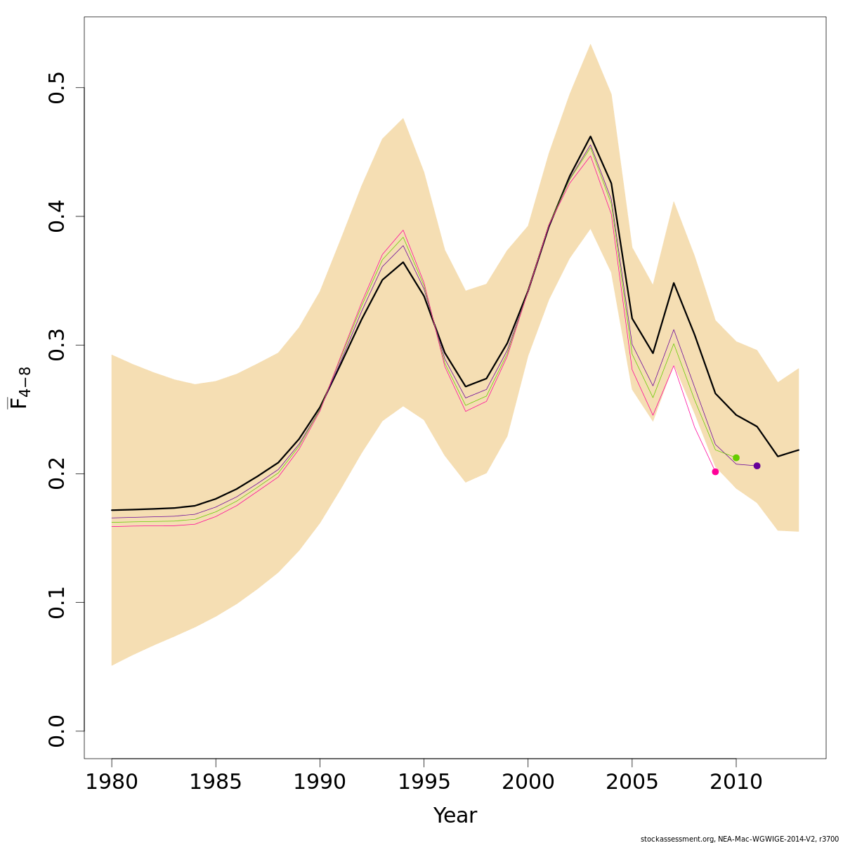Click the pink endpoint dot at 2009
point(715,471)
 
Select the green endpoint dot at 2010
point(736,457)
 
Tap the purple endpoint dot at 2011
point(757,466)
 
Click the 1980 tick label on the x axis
point(112,782)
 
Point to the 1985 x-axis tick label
point(216,782)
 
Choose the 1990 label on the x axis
point(320,782)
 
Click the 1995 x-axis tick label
point(424,782)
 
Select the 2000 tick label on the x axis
point(528,782)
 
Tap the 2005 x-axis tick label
point(632,782)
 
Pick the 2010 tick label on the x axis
point(736,782)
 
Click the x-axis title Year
point(455,816)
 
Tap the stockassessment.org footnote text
point(740,838)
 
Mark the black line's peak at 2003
point(590,136)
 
